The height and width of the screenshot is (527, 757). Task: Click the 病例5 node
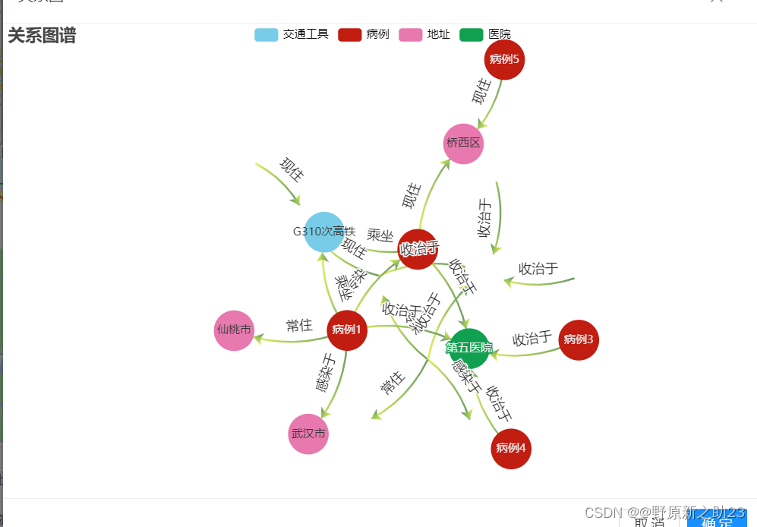[504, 59]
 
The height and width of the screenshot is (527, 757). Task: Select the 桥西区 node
[463, 144]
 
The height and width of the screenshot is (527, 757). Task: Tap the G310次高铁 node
[324, 232]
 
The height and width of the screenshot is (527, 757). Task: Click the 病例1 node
[347, 330]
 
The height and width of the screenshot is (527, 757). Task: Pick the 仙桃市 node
[234, 330]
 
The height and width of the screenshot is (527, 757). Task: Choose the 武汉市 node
[308, 434]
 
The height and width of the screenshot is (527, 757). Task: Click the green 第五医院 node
[469, 348]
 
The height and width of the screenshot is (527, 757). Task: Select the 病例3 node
[579, 339]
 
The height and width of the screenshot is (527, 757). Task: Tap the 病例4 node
[511, 448]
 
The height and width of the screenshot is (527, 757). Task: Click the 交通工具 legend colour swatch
[267, 34]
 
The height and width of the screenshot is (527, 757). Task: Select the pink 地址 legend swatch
[411, 34]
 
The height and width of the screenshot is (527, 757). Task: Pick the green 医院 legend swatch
[472, 34]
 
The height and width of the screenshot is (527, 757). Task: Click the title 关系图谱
[42, 36]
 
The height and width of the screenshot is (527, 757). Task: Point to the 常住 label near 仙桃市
[299, 326]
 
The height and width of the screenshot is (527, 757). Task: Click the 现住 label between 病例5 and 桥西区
[481, 93]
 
